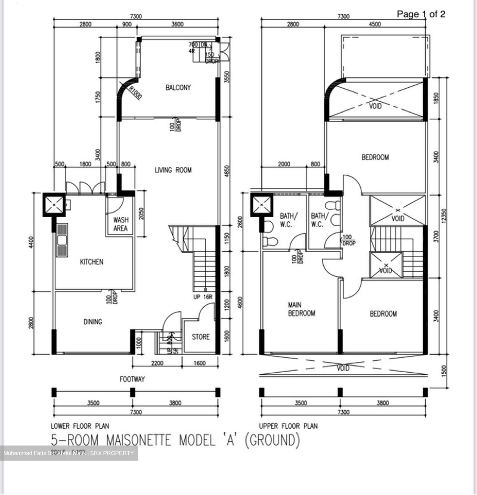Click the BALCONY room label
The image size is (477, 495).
click(x=178, y=88)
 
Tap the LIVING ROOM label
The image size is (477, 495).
click(x=173, y=170)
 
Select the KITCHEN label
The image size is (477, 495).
click(x=91, y=262)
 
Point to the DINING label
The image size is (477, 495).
click(x=93, y=322)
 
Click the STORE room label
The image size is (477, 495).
click(x=200, y=337)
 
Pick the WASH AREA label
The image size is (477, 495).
click(x=120, y=224)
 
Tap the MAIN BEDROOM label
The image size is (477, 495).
click(x=301, y=309)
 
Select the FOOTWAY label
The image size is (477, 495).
click(x=132, y=379)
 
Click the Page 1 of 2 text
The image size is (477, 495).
click(x=421, y=14)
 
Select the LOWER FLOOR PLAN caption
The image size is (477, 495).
click(x=80, y=426)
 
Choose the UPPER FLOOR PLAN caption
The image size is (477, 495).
click(x=288, y=426)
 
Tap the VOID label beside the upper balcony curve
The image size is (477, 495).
click(x=375, y=106)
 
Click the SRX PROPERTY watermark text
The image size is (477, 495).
click(x=112, y=453)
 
